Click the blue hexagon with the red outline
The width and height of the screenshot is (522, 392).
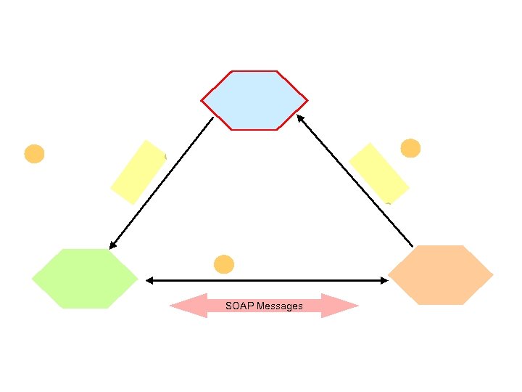click(x=254, y=100)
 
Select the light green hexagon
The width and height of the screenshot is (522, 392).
click(x=85, y=279)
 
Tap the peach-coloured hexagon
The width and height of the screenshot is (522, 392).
click(x=441, y=275)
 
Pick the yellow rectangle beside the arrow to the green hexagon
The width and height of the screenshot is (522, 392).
click(x=138, y=172)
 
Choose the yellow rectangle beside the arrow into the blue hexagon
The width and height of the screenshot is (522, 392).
click(x=378, y=173)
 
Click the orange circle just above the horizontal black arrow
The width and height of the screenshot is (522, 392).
click(x=224, y=264)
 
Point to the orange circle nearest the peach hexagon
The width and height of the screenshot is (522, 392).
click(x=410, y=148)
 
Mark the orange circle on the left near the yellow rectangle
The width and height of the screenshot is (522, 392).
click(x=34, y=154)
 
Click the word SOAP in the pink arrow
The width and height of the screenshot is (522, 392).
click(x=239, y=306)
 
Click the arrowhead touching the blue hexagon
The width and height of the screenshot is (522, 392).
click(x=299, y=118)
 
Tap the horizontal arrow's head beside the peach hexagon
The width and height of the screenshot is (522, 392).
click(x=385, y=280)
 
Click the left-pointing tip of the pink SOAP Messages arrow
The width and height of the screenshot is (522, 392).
click(x=171, y=306)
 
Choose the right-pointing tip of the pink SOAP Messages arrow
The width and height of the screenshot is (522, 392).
click(x=357, y=306)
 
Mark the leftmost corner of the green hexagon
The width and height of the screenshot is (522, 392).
click(x=33, y=279)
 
